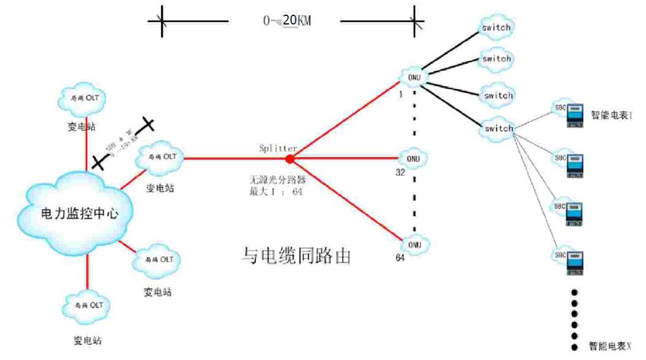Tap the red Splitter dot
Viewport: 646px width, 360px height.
point(290,158)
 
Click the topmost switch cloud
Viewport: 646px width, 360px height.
point(496,28)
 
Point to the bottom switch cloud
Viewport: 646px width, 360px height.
point(497,128)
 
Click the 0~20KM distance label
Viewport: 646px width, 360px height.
point(287,21)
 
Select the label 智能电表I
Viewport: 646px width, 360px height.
point(611,114)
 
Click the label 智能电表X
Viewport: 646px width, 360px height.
point(610,345)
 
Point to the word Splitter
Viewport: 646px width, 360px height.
point(278,148)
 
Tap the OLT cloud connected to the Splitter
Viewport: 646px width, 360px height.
point(160,157)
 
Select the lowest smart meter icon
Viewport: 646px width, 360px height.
point(574,263)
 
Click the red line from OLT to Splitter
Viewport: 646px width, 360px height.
point(233,158)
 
